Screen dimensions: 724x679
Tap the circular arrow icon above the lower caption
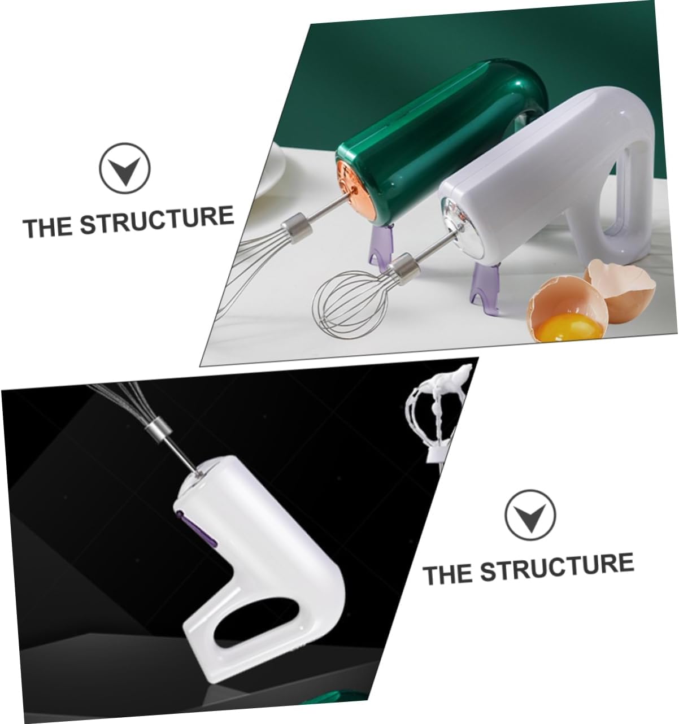530,514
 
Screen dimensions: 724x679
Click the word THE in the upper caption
47,227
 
